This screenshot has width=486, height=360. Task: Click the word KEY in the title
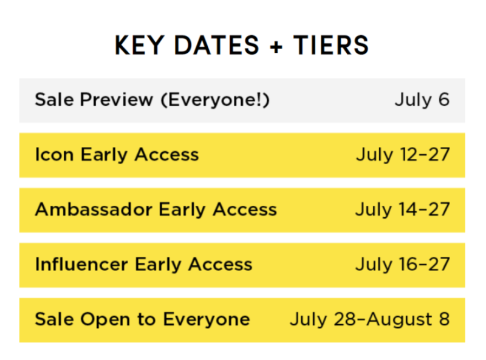(x=140, y=46)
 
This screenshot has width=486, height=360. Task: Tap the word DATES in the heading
(x=216, y=46)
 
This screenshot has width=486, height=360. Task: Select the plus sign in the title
(x=276, y=47)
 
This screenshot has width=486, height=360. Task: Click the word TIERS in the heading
(x=330, y=46)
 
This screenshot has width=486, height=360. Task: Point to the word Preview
(x=117, y=100)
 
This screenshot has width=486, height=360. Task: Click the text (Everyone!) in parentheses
(x=216, y=100)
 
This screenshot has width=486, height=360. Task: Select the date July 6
(x=422, y=100)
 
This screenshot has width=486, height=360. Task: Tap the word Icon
(x=54, y=154)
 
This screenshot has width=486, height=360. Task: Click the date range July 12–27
(x=403, y=155)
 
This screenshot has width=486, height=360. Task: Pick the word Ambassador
(x=94, y=209)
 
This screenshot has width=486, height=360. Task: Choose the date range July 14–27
(x=402, y=209)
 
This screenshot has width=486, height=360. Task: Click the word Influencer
(x=81, y=264)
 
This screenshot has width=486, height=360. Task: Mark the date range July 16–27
(x=402, y=265)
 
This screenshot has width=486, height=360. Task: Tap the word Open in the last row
(x=105, y=320)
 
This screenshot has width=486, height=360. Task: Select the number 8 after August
(x=444, y=319)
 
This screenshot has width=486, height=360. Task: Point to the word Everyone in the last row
(x=207, y=320)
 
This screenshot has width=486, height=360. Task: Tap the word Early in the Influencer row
(x=158, y=265)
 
